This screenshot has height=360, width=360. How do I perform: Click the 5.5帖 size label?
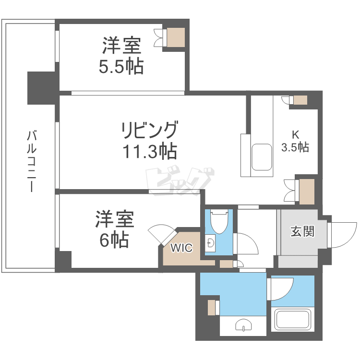pyautogui.click(x=121, y=67)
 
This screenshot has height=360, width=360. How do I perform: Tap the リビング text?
pyautogui.click(x=149, y=130)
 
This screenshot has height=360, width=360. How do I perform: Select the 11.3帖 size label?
pyautogui.click(x=149, y=152)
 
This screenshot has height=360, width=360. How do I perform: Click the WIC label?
pyautogui.click(x=182, y=248)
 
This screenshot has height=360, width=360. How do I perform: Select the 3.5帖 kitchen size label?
pyautogui.click(x=295, y=147)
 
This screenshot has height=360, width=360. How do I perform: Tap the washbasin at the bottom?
pyautogui.click(x=244, y=326)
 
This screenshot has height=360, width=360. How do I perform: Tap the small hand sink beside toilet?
pyautogui.click(x=210, y=241)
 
